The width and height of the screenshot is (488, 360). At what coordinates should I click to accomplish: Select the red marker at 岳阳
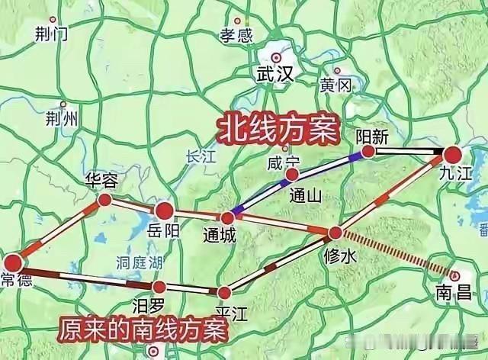165,211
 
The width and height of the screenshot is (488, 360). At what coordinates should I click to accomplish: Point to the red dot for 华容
104,201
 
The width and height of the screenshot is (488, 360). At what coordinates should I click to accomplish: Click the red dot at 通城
226,218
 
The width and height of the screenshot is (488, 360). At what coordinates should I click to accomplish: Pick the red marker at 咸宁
291,175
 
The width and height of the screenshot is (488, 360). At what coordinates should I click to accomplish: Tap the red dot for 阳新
368,152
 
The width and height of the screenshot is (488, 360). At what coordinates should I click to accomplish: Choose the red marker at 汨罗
159,287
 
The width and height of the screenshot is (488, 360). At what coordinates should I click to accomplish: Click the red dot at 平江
223,292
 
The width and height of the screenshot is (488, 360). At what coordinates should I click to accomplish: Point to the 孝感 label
236,35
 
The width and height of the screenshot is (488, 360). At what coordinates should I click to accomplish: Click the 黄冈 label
335,85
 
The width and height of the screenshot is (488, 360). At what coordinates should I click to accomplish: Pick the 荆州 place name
61,118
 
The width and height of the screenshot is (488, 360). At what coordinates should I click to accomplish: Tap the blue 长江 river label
201,156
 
